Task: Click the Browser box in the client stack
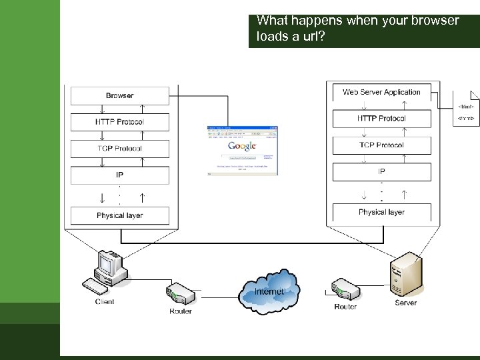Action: (x=120, y=95)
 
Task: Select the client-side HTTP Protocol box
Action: (x=120, y=122)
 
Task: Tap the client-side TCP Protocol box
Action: (x=120, y=149)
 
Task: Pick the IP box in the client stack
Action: (x=120, y=175)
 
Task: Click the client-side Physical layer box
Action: (x=120, y=215)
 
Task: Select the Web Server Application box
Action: (x=381, y=92)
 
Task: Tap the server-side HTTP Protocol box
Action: (x=381, y=119)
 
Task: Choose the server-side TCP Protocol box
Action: (x=381, y=145)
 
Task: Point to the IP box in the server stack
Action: (x=381, y=171)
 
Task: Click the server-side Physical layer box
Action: (x=381, y=212)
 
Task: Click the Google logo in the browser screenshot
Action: (x=242, y=146)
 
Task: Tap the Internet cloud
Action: (x=269, y=291)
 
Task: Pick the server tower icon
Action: (x=405, y=275)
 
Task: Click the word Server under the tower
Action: (x=405, y=303)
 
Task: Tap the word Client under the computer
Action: (x=105, y=302)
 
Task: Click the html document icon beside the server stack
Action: (x=467, y=108)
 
